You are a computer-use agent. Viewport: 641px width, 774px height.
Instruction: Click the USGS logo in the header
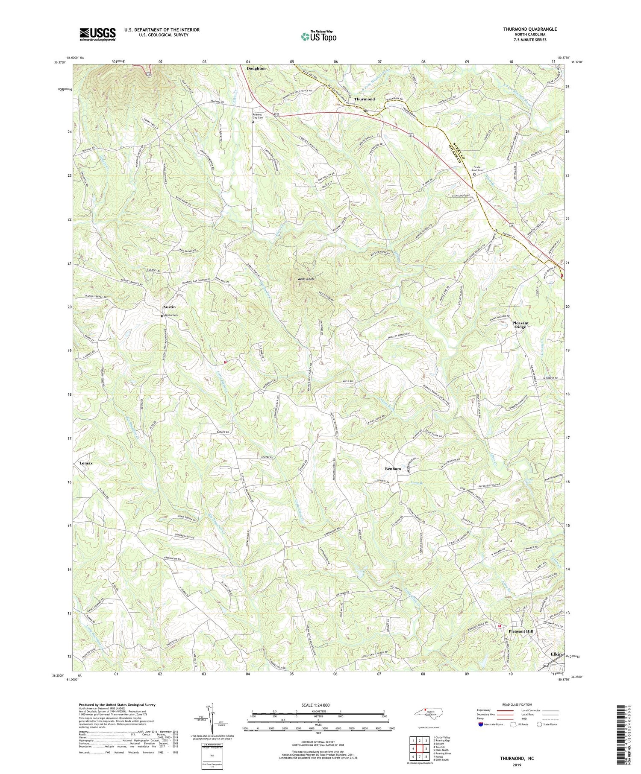(x=97, y=34)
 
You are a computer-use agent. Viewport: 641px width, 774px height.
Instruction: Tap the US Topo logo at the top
(x=318, y=36)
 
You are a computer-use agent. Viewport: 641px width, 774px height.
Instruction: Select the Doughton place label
(x=256, y=68)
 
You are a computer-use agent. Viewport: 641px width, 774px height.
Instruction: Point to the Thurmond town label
(x=364, y=99)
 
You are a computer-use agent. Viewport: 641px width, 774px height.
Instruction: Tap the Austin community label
(x=169, y=307)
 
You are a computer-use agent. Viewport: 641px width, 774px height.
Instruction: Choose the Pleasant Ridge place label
(x=520, y=326)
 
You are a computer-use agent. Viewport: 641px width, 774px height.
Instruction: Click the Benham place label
(x=392, y=469)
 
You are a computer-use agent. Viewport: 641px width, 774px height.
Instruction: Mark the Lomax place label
(x=85, y=463)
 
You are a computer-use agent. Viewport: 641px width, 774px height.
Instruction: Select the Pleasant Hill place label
(x=520, y=631)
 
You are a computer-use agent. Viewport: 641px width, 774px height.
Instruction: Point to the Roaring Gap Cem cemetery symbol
(x=253, y=122)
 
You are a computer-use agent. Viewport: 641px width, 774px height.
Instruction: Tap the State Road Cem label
(x=477, y=168)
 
